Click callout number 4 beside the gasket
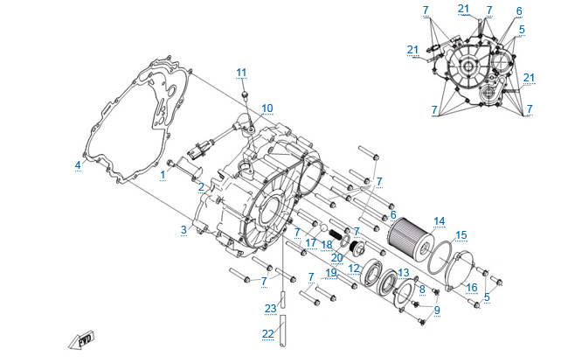coord(78,164)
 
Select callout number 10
coord(267,108)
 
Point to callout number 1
coord(163,175)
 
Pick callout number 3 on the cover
coord(184,229)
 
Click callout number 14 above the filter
coord(439,220)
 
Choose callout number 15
coord(461,234)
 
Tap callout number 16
coord(470,287)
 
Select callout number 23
coord(270,307)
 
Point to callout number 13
coord(403,273)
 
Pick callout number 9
coord(437,309)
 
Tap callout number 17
coord(311,242)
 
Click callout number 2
coord(201,186)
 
